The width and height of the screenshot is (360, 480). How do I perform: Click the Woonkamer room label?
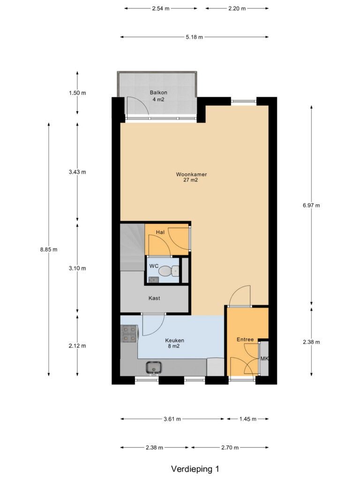click(191, 174)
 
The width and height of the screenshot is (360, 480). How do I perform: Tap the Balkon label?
click(158, 92)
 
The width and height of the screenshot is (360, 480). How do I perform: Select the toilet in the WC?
click(169, 270)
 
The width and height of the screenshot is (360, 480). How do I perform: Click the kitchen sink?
click(154, 367)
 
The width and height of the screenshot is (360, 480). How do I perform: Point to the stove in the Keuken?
click(129, 334)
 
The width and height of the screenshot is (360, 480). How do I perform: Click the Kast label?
click(154, 298)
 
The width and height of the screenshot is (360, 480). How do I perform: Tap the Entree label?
click(245, 339)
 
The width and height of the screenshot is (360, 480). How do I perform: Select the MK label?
click(264, 359)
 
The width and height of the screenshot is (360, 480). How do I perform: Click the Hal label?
click(160, 232)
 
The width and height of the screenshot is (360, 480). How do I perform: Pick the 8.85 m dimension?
click(49, 249)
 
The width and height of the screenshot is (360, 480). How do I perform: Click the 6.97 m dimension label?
click(311, 205)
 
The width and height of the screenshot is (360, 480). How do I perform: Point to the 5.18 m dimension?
click(195, 37)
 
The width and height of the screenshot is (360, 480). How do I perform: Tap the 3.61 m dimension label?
click(172, 419)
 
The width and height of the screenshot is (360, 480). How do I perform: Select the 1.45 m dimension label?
click(248, 419)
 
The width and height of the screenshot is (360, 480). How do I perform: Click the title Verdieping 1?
click(195, 469)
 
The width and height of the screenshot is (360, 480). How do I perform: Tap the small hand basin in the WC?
click(154, 279)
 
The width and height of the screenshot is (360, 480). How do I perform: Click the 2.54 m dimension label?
click(161, 8)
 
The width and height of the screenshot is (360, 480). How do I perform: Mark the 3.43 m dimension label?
click(77, 172)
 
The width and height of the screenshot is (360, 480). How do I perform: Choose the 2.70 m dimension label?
click(230, 448)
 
